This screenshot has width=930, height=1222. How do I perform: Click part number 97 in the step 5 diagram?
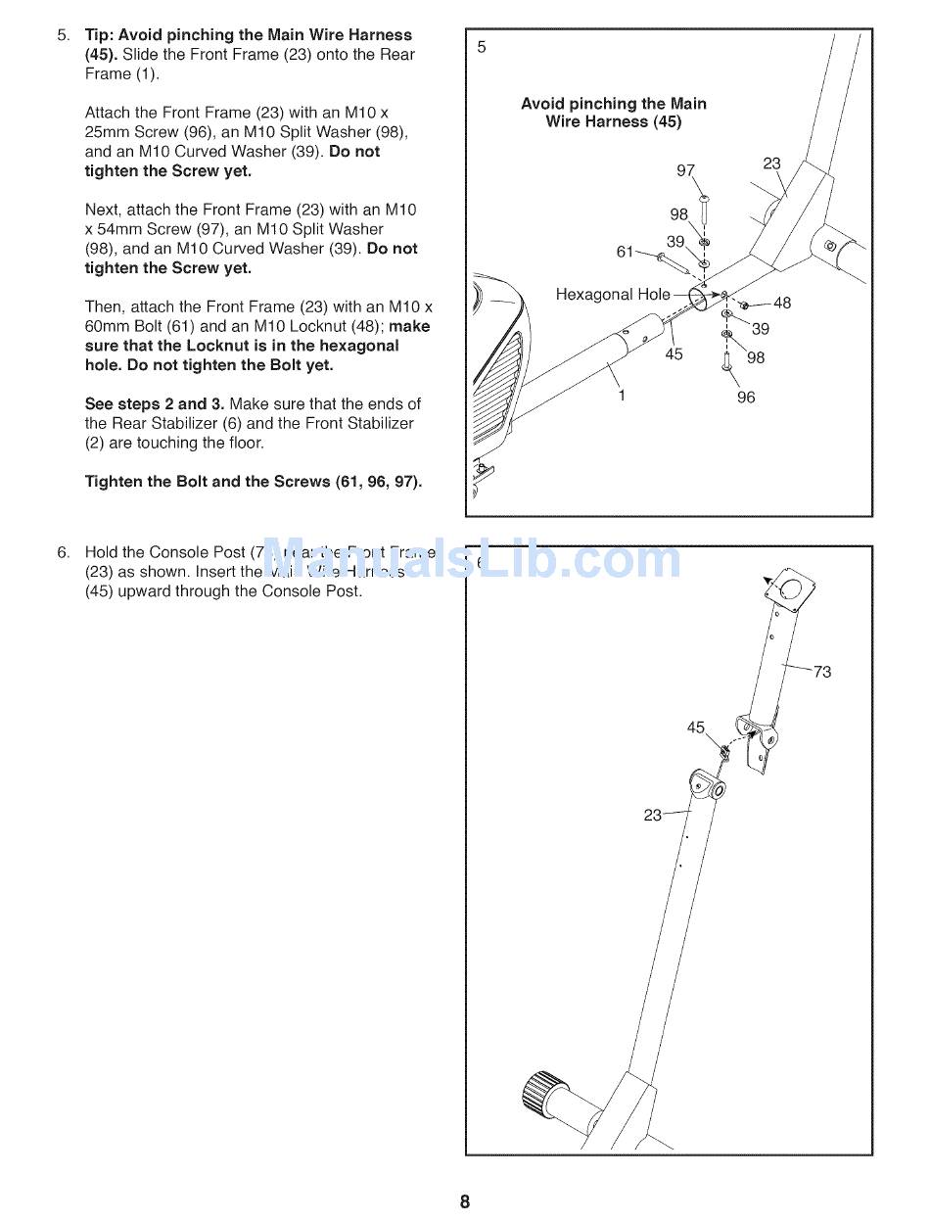point(685,171)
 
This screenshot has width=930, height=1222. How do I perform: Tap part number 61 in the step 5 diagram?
point(625,252)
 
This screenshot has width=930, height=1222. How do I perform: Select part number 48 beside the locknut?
point(782,304)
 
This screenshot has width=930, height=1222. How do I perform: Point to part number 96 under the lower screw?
point(746,398)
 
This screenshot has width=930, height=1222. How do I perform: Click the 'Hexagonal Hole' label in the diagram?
point(613,294)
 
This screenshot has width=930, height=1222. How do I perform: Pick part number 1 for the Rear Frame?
point(621,397)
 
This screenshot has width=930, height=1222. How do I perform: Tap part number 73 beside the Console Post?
point(822,672)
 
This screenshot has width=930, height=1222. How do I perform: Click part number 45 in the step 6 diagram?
point(695,728)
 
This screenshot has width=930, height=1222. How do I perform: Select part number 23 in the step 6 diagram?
point(653,815)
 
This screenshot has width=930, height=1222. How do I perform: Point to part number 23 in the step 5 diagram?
point(771,164)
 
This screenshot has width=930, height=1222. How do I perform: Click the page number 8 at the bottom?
point(465,1202)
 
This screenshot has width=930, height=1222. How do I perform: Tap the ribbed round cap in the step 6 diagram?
point(544,1100)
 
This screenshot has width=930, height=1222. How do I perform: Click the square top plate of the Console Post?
point(791,590)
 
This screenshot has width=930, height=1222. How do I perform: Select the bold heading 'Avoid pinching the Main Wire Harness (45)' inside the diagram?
point(614,113)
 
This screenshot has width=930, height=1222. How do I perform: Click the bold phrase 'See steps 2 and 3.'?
point(155,404)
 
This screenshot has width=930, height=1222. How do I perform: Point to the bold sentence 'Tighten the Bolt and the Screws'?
point(254,482)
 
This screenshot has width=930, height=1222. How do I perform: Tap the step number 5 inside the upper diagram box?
point(482,47)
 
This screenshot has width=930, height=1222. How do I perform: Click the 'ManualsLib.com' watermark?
point(470,561)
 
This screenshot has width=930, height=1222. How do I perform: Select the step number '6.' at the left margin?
point(64,552)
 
